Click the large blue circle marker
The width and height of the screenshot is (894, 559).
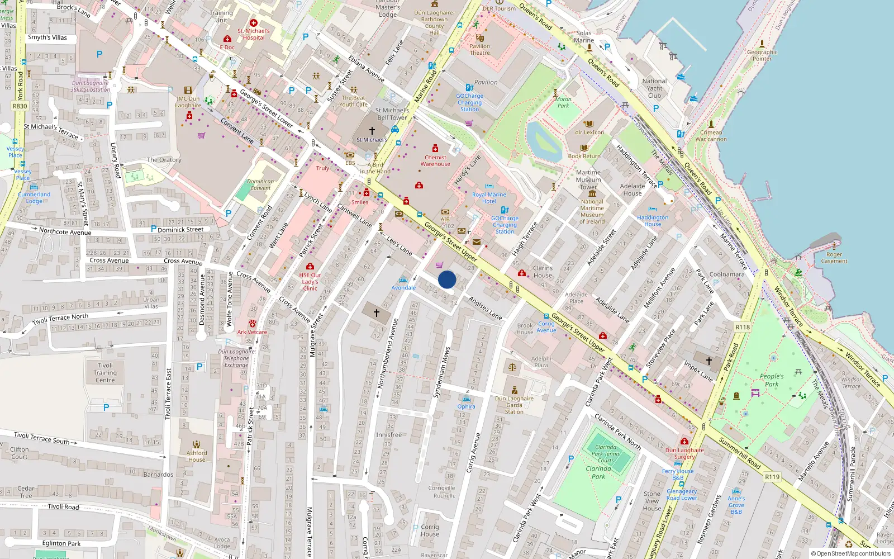pyautogui.click(x=447, y=279)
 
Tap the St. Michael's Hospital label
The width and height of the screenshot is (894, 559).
pyautogui.click(x=254, y=35)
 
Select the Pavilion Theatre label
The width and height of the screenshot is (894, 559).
pyautogui.click(x=479, y=50)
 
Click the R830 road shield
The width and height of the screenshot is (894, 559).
pyautogui.click(x=20, y=106)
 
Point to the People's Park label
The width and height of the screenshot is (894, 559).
pyautogui.click(x=771, y=380)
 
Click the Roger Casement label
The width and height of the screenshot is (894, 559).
pyautogui.click(x=834, y=258)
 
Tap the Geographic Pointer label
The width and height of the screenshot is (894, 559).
pyautogui.click(x=762, y=55)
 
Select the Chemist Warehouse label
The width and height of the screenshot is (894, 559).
pyautogui.click(x=435, y=161)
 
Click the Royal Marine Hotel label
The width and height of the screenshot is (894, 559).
pyautogui.click(x=489, y=198)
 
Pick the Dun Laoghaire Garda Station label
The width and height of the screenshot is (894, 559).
pyautogui.click(x=514, y=405)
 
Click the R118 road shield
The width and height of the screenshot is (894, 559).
pyautogui.click(x=743, y=327)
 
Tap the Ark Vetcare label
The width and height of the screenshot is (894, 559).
pyautogui.click(x=252, y=332)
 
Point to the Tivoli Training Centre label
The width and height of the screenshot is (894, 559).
pyautogui.click(x=105, y=373)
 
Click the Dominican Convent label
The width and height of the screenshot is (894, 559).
pyautogui.click(x=260, y=185)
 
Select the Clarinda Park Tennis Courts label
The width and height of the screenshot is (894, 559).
pyautogui.click(x=606, y=454)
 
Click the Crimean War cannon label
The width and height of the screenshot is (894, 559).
pyautogui.click(x=711, y=136)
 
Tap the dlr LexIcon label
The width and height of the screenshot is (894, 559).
pyautogui.click(x=589, y=132)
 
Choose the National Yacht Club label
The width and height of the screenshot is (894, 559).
pyautogui.click(x=654, y=88)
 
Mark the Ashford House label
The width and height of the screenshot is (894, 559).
pyautogui.click(x=197, y=456)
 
